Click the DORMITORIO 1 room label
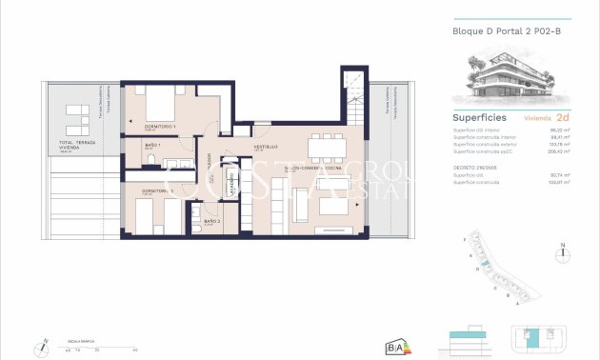pyautogui.click(x=153, y=126)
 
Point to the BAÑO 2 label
pyautogui.click(x=211, y=221)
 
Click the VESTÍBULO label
pyautogui.click(x=264, y=148)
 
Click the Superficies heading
pyautogui.click(x=478, y=118)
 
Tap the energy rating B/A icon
pyautogui.click(x=394, y=347)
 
